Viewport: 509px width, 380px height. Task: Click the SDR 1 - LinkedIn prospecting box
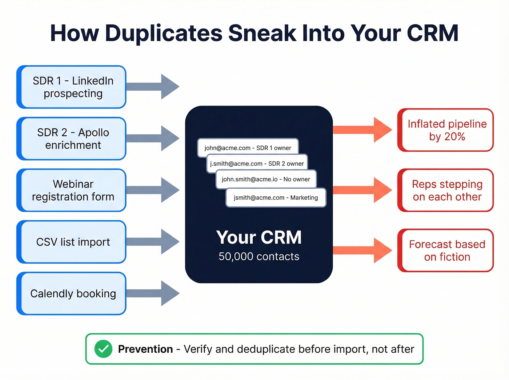point(72,87)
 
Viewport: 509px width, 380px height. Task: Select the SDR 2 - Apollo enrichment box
point(72,139)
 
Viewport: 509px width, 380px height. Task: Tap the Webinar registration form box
point(72,190)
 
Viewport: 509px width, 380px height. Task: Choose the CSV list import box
point(72,242)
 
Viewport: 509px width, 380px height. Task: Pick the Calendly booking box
point(72,293)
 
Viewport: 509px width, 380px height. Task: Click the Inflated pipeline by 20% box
point(446,130)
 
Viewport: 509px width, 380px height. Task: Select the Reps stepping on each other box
point(446,191)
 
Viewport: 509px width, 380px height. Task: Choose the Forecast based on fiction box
point(446,251)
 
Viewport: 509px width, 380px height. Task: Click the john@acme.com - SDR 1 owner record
point(248,148)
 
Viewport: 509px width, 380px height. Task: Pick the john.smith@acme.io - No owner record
point(266,179)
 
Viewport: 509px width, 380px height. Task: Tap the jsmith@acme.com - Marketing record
point(276,198)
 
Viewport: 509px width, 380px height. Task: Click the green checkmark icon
point(103,349)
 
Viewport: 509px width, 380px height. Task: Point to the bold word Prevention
point(145,349)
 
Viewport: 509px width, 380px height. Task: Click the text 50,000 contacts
point(259,256)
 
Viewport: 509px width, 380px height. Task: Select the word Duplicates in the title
point(163,33)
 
